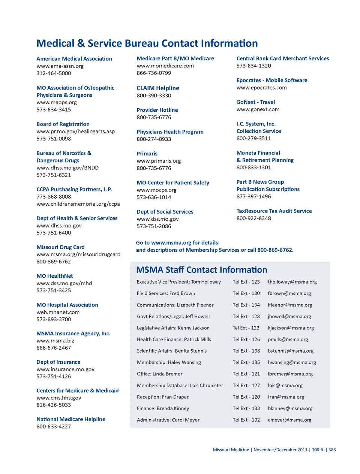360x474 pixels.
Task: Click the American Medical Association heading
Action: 74,59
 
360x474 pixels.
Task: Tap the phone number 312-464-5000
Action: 54,73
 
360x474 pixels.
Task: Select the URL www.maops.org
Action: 57,102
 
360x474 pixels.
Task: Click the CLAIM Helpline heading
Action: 158,88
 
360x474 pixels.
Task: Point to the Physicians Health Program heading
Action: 170,132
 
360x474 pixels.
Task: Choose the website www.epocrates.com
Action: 261,88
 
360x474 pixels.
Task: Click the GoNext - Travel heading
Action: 255,102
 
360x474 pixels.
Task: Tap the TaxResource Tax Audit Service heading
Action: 274,211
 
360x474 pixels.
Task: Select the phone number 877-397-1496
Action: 253,196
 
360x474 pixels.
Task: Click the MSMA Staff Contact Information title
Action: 202,270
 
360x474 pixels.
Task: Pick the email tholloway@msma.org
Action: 292,282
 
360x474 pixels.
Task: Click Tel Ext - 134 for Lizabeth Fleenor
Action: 246,305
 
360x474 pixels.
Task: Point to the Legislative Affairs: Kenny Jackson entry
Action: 173,328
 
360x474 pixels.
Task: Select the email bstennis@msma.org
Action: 291,351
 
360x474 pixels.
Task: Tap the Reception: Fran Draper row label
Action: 162,397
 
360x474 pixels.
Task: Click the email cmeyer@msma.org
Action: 289,420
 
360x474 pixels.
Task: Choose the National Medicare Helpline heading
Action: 71,419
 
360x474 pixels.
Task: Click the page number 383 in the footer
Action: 332,450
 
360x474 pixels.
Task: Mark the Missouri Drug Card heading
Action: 60,247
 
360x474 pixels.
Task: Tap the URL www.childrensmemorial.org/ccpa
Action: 78,204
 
